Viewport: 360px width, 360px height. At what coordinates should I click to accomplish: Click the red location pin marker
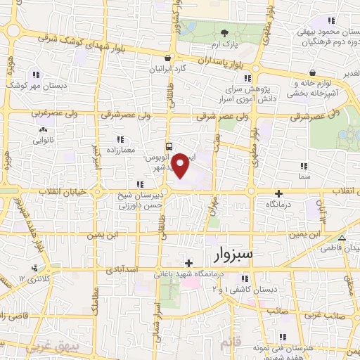tap(181, 165)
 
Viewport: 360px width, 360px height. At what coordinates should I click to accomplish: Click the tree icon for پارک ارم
tap(224, 33)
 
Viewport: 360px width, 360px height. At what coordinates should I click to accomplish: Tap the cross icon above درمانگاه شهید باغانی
tap(188, 262)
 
